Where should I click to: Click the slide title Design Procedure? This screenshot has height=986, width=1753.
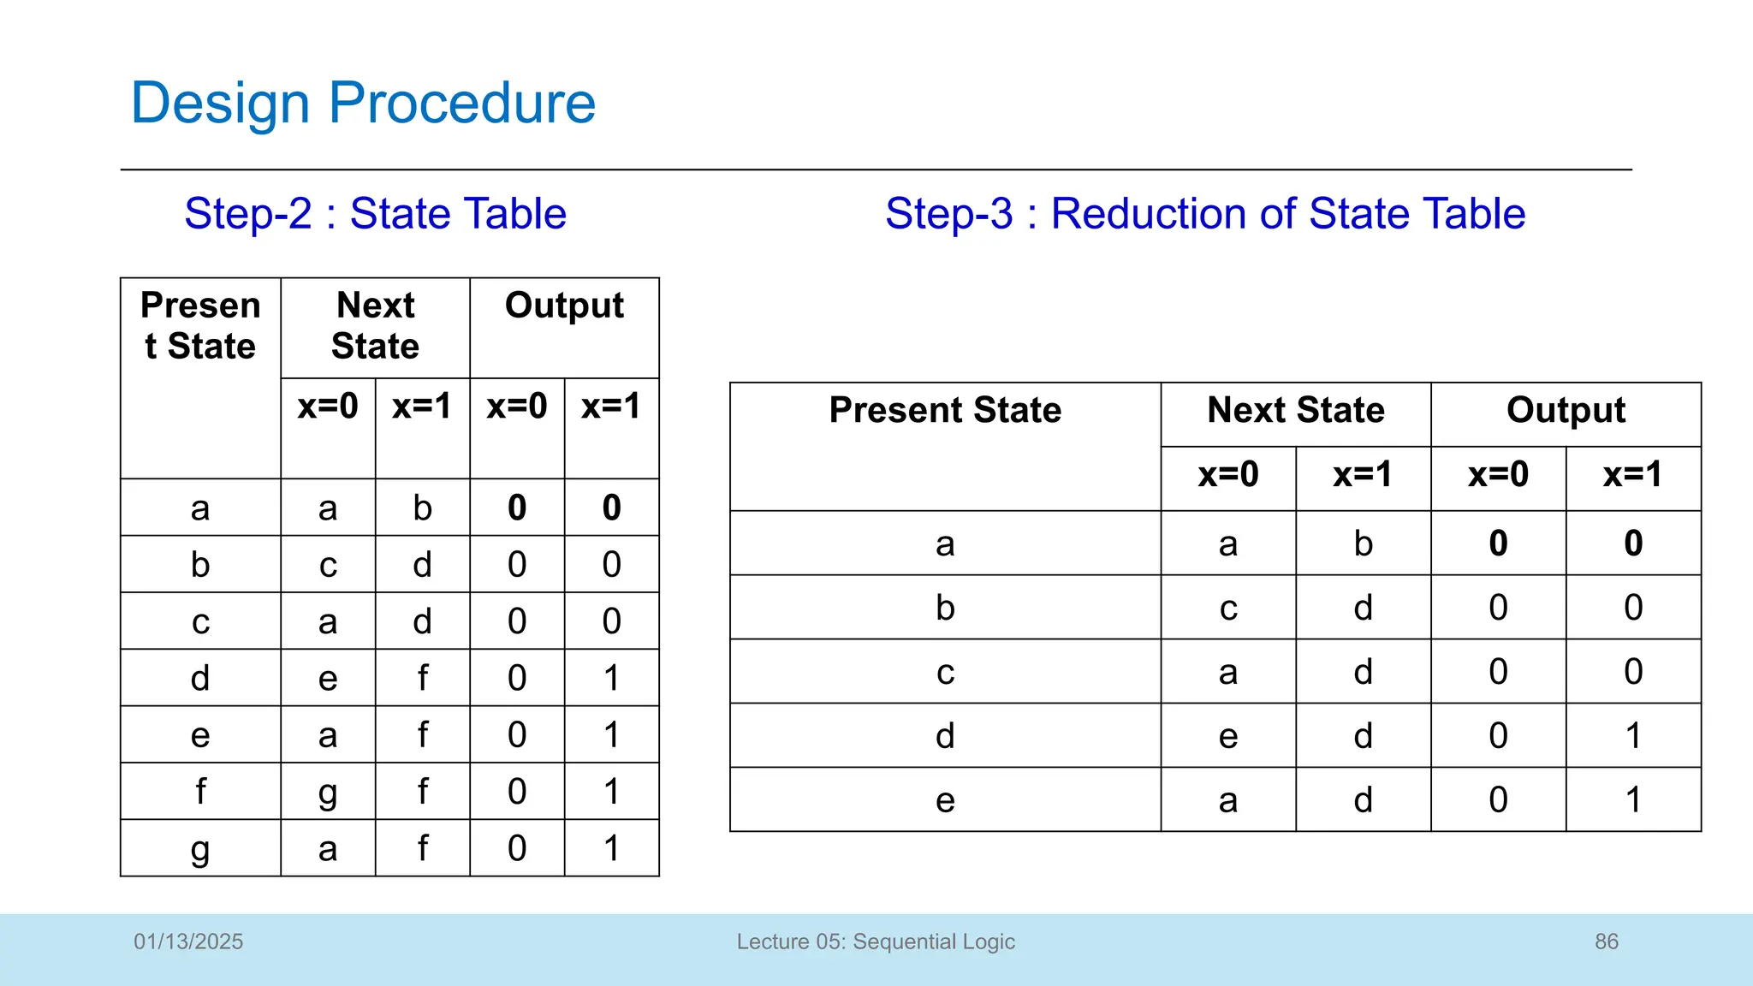363,104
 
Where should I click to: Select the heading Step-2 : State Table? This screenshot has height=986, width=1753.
375,214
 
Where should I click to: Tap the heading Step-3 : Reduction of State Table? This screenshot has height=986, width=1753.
1204,214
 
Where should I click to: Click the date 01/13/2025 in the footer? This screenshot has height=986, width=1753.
188,941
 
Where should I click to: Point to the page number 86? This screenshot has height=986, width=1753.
1606,941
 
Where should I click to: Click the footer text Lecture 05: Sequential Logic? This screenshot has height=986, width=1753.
876,941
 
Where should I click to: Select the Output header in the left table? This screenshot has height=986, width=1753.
564,306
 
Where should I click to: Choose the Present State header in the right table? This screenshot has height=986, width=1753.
945,411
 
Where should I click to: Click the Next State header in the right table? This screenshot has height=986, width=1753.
1295,411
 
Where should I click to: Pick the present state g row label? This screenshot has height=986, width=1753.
199,849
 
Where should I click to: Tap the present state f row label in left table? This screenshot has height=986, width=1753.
199,792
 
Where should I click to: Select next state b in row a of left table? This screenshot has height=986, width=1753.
422,508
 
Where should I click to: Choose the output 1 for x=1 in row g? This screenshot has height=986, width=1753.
611,849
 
